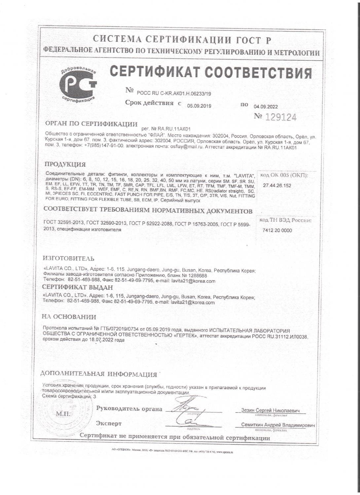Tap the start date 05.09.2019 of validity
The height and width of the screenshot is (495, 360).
(199, 106)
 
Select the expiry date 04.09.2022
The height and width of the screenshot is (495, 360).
(266, 107)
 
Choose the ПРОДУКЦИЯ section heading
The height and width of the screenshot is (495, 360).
(65, 164)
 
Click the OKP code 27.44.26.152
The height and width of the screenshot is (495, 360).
(277, 186)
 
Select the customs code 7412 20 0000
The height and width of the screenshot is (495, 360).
(277, 230)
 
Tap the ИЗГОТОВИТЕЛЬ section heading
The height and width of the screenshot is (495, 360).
(69, 258)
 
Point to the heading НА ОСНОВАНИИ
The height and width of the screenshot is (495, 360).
(69, 317)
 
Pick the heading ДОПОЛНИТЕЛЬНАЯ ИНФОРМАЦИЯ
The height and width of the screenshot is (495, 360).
(98, 374)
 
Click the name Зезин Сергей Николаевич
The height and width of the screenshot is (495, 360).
(270, 411)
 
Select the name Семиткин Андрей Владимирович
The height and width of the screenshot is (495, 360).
(278, 425)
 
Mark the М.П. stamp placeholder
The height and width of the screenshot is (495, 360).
(63, 414)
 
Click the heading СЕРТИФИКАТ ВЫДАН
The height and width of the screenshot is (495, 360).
(78, 287)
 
